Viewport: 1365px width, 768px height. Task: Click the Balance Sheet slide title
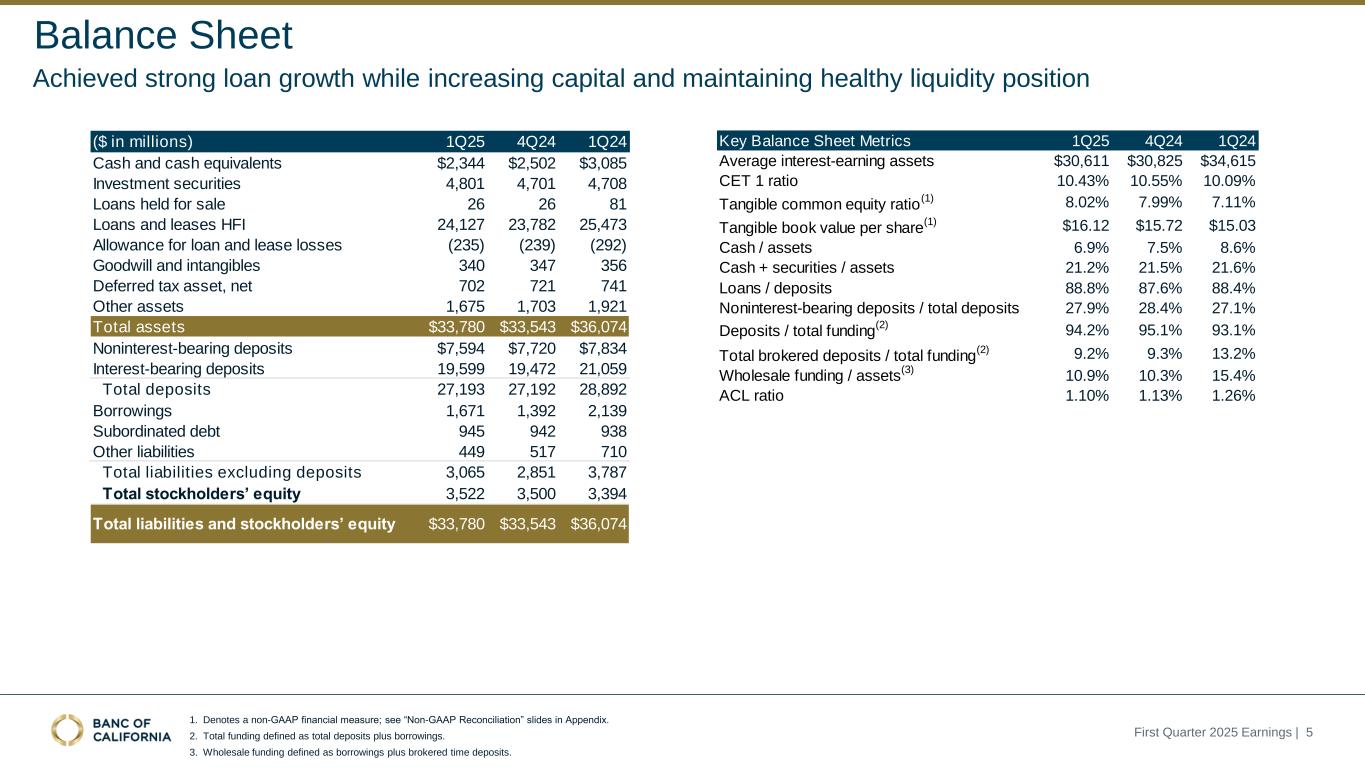[163, 36]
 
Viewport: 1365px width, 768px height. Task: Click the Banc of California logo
[111, 730]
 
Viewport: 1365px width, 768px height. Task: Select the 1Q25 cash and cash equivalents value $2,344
[457, 163]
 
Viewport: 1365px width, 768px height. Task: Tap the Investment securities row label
[166, 184]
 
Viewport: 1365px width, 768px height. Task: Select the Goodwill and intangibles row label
[176, 265]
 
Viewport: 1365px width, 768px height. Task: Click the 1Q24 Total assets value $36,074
[599, 327]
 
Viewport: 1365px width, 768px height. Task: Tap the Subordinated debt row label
[156, 432]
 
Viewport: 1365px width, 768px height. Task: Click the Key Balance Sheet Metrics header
[815, 141]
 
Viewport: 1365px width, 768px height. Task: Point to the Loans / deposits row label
[775, 288]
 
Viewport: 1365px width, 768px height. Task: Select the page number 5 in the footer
[1309, 733]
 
